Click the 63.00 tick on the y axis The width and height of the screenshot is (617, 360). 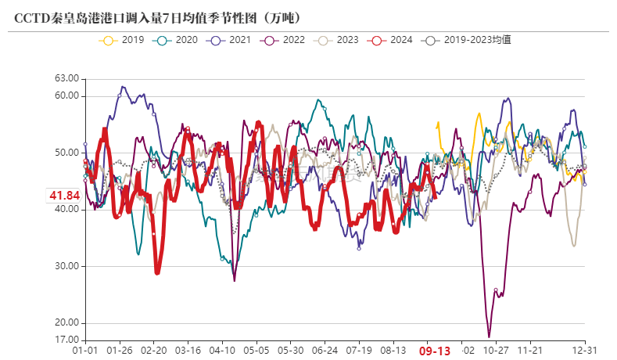coord(67,79)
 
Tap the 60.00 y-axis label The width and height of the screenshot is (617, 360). coord(67,96)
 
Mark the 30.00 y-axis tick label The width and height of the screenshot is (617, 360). coord(67,266)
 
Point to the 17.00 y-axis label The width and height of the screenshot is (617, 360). coord(67,340)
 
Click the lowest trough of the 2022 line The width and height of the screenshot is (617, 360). coord(490,337)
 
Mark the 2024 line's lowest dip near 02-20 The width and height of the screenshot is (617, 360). coord(157,272)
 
